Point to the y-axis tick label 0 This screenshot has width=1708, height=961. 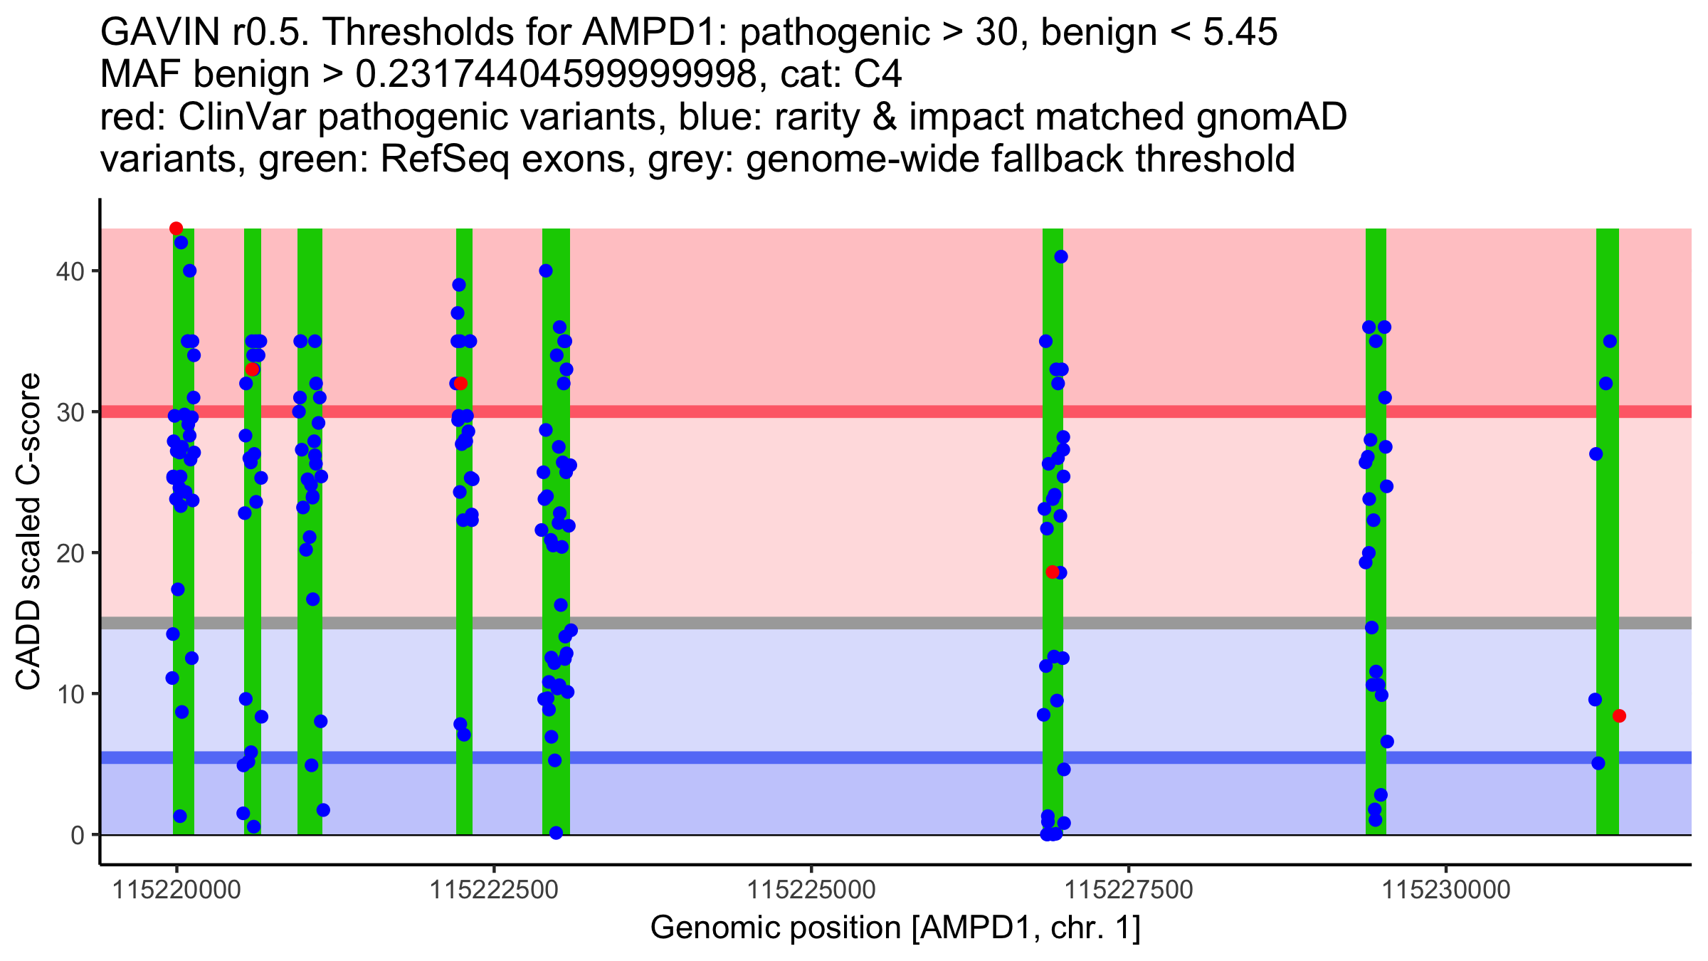77,835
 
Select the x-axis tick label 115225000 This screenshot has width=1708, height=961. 811,891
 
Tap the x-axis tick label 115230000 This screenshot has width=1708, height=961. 1446,891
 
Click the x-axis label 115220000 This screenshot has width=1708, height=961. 176,891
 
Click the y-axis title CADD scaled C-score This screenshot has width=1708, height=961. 28,532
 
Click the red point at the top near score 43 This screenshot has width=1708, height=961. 176,229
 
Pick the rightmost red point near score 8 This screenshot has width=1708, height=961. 1619,716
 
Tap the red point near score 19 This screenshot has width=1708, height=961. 1052,572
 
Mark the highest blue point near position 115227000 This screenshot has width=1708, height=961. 1061,257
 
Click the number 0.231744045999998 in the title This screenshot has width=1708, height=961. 555,75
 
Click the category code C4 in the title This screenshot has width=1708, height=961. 880,75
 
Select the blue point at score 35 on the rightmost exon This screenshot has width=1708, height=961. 1610,342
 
